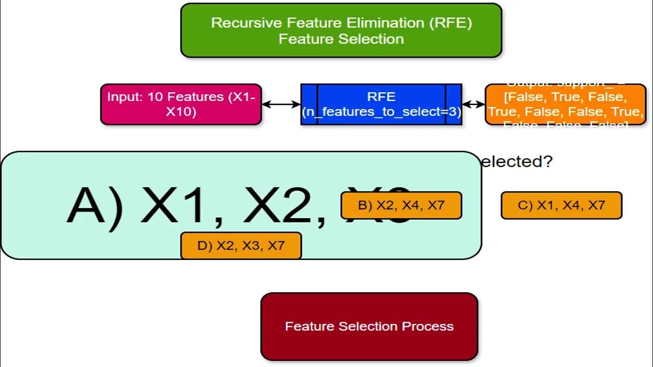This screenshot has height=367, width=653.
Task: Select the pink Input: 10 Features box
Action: (x=181, y=104)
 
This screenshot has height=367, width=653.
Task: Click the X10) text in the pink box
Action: (x=181, y=112)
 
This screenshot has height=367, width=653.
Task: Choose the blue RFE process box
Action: (x=381, y=104)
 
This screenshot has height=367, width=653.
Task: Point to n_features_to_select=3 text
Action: (x=381, y=112)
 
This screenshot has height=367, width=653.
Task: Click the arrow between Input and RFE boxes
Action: (x=281, y=104)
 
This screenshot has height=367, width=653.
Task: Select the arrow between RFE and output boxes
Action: (x=473, y=104)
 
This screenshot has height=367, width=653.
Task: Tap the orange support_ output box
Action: (x=565, y=104)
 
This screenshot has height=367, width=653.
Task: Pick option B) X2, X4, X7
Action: (x=401, y=205)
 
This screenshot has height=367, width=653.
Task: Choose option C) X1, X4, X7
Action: (x=561, y=205)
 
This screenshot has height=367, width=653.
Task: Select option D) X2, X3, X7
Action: (x=241, y=246)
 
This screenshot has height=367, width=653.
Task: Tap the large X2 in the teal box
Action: (x=283, y=206)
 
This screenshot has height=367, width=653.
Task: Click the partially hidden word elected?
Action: (x=517, y=162)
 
